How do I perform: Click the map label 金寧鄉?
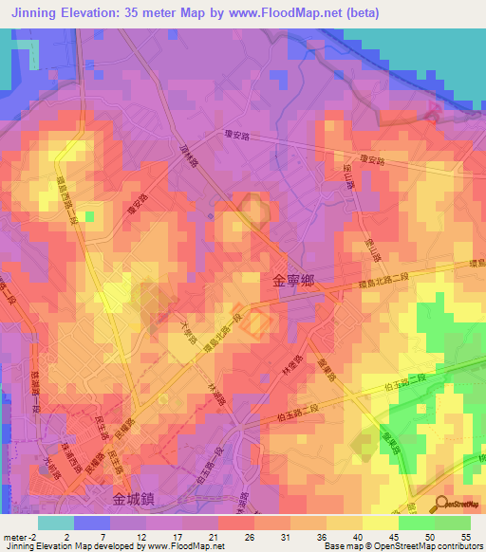(292, 282)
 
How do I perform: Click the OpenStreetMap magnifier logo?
(443, 504)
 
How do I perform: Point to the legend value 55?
(467, 536)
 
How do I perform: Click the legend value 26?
(251, 536)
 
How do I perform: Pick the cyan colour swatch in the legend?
(56, 522)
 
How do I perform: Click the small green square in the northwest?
(89, 217)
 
